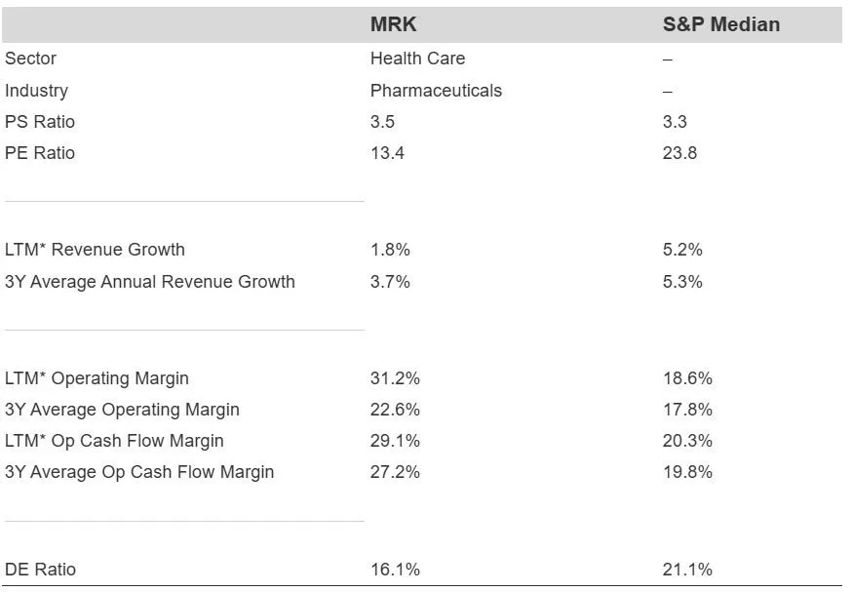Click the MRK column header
click(393, 25)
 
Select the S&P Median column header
click(720, 25)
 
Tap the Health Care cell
click(417, 59)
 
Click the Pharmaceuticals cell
click(436, 91)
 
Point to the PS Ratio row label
click(40, 122)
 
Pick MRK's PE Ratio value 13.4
click(387, 153)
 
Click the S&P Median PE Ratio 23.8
click(679, 153)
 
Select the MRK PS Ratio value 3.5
click(382, 122)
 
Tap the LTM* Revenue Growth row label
click(95, 250)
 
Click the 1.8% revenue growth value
click(390, 250)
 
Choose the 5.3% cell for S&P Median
click(682, 282)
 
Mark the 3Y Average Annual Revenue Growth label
click(150, 282)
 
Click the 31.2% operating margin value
click(395, 378)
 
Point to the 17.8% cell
click(687, 410)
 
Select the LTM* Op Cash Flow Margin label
click(114, 441)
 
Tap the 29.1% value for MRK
click(395, 441)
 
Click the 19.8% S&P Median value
click(687, 472)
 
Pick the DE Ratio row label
click(40, 570)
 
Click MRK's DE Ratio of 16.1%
click(395, 570)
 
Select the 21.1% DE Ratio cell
click(687, 570)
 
